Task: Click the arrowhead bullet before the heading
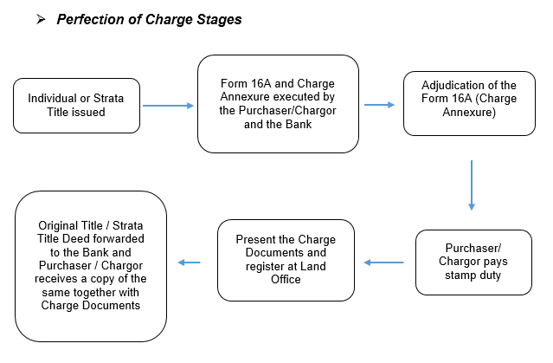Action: [x=41, y=19]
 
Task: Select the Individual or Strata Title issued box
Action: [x=76, y=106]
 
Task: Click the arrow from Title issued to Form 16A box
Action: [x=168, y=106]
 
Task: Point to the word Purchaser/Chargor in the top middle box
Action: [x=278, y=111]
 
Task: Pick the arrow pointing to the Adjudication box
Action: [x=379, y=105]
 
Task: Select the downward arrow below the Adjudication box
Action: [x=472, y=185]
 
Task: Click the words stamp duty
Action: [x=473, y=275]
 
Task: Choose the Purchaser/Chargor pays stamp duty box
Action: [x=473, y=263]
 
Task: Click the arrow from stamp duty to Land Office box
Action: [x=383, y=263]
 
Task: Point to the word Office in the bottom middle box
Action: [x=286, y=279]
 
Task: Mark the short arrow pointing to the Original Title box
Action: [x=189, y=263]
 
